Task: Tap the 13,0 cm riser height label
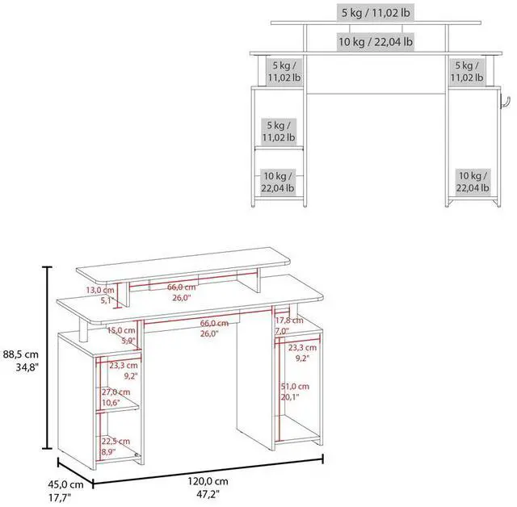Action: click(x=101, y=295)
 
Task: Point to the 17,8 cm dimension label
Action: click(x=282, y=325)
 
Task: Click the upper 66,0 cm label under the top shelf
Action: click(x=182, y=291)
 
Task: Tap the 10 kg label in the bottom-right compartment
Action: click(x=473, y=182)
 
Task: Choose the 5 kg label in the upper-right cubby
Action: click(x=469, y=71)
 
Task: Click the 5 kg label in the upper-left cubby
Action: click(x=284, y=71)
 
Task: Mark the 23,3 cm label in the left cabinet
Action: click(x=123, y=370)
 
